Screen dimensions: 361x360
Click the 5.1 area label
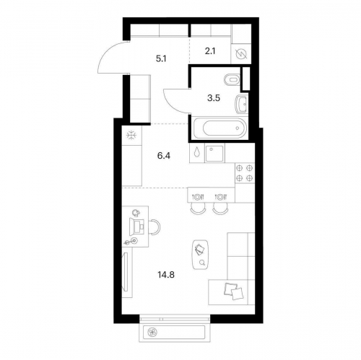point(161,58)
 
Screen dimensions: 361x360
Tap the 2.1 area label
point(210,51)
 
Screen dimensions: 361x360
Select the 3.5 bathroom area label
point(214,98)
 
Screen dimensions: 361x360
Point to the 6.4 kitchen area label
point(164,156)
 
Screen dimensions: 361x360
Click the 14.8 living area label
point(166,274)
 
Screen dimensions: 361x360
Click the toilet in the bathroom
point(232,79)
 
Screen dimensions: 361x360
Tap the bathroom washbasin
point(241,104)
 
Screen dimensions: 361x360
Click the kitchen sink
point(214,153)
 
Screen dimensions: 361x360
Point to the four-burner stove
point(245,173)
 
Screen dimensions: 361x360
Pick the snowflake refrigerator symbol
point(131,135)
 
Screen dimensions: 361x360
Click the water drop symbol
point(197,152)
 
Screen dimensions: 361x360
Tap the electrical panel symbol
point(241,54)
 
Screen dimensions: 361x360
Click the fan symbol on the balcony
point(152,333)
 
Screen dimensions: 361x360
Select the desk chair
point(155,227)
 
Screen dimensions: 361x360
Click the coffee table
point(201,255)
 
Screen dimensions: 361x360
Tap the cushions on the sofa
point(233,291)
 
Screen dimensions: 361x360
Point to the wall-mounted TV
point(126,271)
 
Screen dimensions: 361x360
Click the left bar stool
point(198,208)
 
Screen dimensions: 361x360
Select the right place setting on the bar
point(220,197)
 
